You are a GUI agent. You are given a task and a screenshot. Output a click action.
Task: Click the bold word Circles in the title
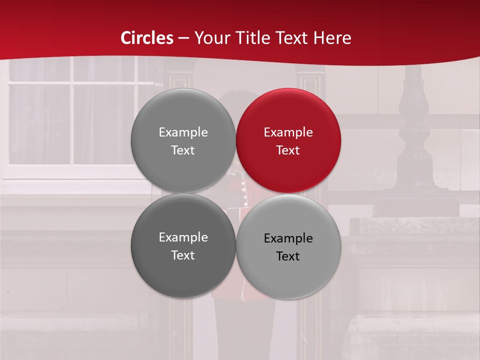tap(147, 38)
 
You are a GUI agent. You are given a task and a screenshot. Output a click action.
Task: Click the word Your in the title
tap(210, 38)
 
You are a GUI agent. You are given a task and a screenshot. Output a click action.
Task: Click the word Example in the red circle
tap(288, 132)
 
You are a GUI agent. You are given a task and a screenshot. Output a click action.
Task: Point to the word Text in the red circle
tap(288, 150)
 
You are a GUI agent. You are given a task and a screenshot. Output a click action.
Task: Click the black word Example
tap(288, 238)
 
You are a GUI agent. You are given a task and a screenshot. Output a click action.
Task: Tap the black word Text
tap(288, 256)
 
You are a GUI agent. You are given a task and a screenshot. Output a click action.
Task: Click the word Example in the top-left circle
tap(183, 132)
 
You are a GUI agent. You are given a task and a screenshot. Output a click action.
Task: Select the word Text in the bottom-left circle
tap(183, 255)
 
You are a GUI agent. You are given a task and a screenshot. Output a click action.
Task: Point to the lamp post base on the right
tap(415, 200)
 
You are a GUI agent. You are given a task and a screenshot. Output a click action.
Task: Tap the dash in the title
tap(183, 38)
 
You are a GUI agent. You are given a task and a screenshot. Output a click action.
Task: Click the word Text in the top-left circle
tap(183, 150)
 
